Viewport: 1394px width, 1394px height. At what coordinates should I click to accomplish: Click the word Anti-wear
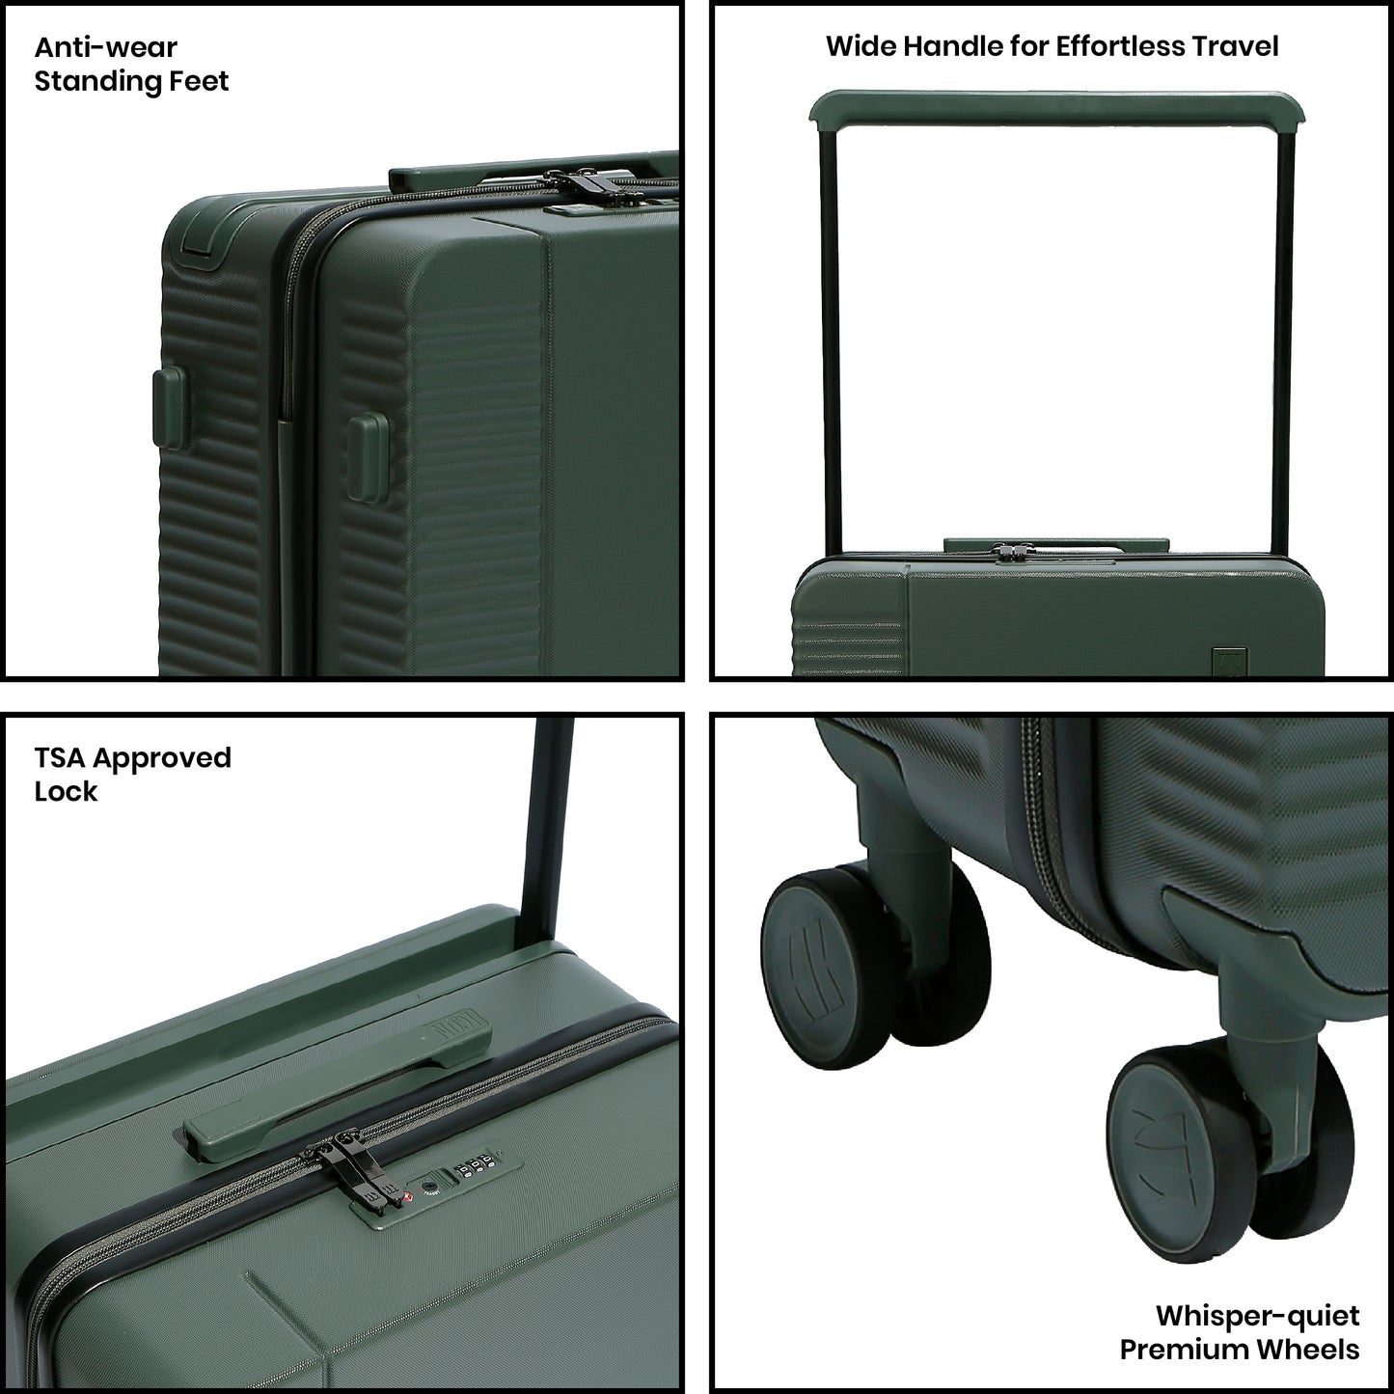click(x=105, y=47)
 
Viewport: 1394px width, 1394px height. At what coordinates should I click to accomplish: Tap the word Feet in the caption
click(x=199, y=81)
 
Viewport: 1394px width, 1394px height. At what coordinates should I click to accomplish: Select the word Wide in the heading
click(x=861, y=46)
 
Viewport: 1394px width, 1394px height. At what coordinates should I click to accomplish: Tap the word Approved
click(x=162, y=759)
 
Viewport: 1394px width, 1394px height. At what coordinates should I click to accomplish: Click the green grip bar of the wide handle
click(x=1057, y=108)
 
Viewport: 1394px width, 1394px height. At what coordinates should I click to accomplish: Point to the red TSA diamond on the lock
click(x=406, y=1197)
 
